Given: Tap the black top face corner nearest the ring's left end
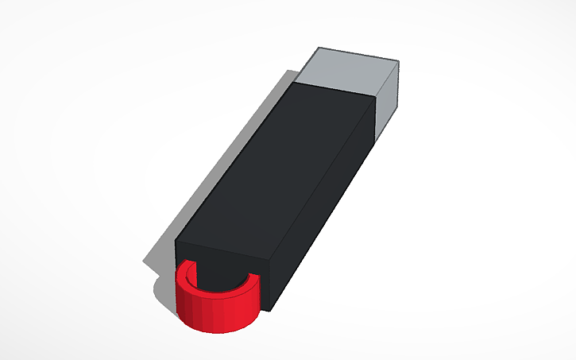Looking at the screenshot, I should coord(176,238).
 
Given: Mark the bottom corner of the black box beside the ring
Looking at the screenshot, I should coord(270,310).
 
